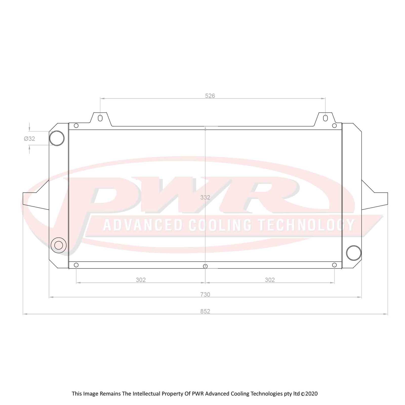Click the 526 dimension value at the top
[210, 96]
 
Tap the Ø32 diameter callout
[29, 139]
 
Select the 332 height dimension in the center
[205, 197]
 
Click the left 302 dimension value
[141, 280]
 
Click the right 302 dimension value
[270, 280]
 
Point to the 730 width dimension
[205, 294]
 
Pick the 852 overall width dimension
[205, 311]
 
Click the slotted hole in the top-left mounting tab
[100, 118]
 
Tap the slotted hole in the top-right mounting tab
[325, 118]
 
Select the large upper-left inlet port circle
[57, 138]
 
